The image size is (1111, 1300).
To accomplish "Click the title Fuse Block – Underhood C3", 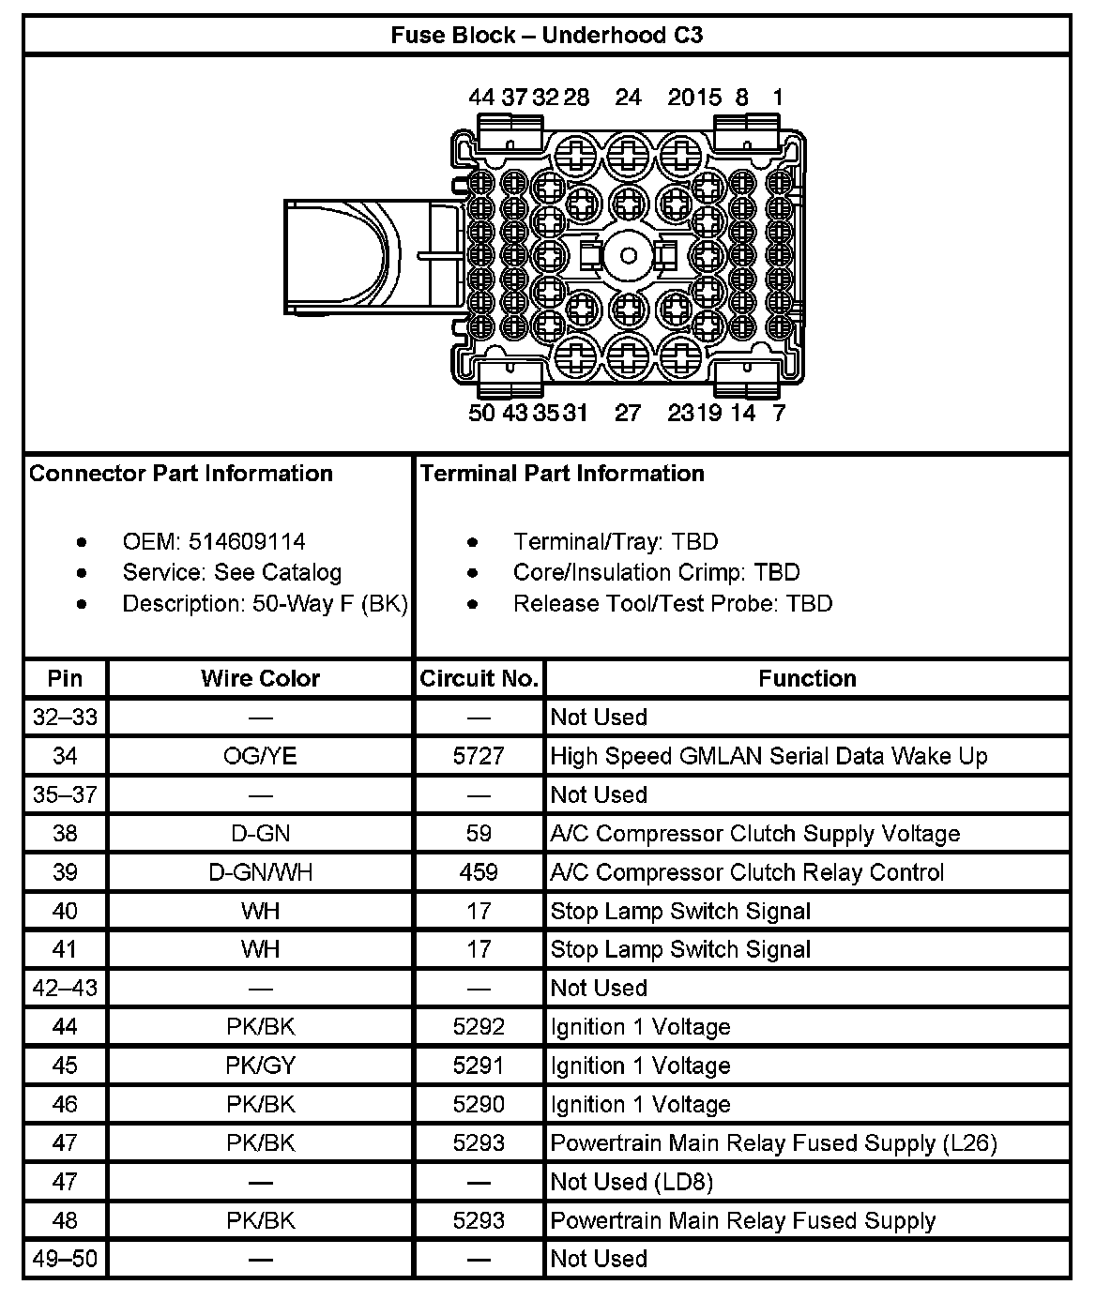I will click(546, 36).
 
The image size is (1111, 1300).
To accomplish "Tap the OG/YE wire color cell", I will click(260, 756).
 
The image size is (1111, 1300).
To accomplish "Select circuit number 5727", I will click(479, 756).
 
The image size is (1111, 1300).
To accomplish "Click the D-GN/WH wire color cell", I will click(260, 872).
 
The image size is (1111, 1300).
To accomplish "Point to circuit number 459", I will click(479, 872).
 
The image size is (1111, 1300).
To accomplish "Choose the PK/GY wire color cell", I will click(260, 1066).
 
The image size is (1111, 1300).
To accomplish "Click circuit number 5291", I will click(479, 1066).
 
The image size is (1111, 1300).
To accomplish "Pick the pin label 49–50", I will click(65, 1259).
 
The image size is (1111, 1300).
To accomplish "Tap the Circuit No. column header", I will click(479, 678).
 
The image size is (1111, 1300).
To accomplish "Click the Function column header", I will click(807, 678).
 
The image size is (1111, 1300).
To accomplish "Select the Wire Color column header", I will click(260, 678).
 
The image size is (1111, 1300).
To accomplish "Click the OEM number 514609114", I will click(247, 542).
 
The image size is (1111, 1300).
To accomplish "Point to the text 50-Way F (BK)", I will click(329, 604).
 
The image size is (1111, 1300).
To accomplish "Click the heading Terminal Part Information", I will click(562, 474).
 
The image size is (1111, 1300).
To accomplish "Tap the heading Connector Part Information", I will click(181, 474).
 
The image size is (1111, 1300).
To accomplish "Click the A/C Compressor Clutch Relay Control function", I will click(747, 872).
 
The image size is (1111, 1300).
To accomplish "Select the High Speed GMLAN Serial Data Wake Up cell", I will click(769, 756).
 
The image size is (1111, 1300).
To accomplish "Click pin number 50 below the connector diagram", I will click(481, 413).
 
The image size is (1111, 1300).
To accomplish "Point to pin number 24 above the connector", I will click(628, 98).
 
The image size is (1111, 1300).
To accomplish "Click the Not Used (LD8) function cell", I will click(632, 1182).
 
